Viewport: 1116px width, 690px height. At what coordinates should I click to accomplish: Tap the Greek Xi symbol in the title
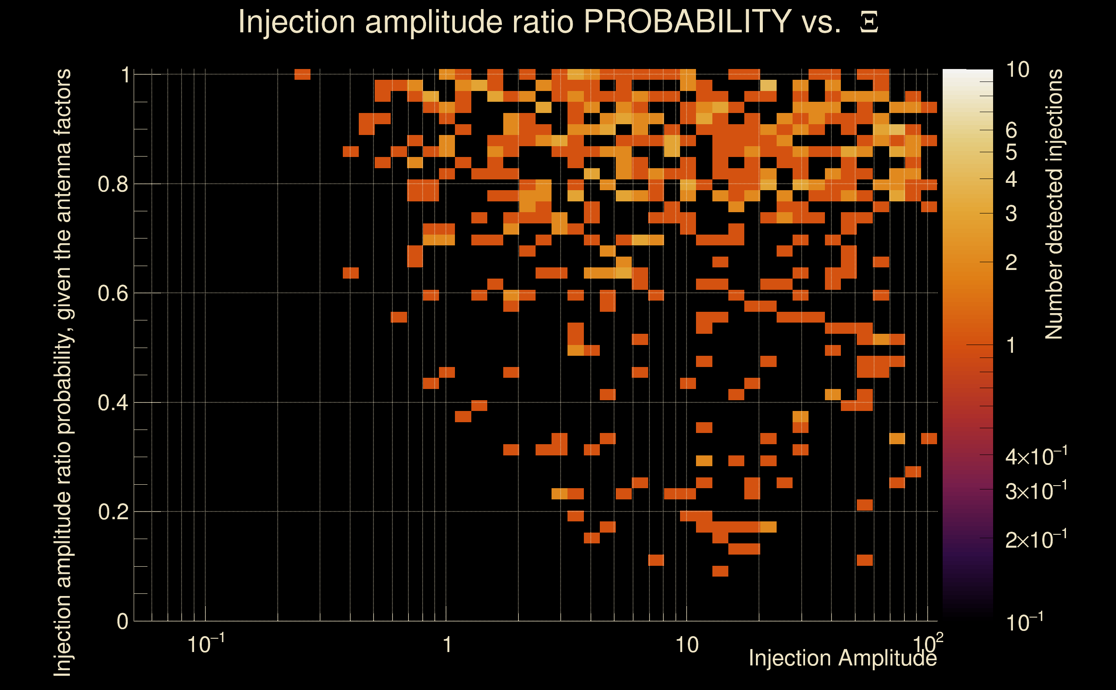pos(869,22)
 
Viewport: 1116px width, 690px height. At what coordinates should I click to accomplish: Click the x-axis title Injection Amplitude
pos(843,658)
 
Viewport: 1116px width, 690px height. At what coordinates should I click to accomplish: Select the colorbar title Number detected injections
pos(1054,204)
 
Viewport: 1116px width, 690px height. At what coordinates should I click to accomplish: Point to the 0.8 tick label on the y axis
pos(113,185)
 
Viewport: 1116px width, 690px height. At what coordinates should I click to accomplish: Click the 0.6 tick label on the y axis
pos(113,293)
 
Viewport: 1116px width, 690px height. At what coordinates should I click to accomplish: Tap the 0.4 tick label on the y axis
pos(113,403)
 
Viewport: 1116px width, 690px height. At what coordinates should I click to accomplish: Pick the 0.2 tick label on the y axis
pos(113,512)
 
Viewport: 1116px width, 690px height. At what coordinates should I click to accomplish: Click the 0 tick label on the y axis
pos(122,621)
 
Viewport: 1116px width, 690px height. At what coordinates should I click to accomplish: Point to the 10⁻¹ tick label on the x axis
pos(206,643)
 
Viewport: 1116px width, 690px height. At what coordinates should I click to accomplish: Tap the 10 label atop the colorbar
pos(1017,70)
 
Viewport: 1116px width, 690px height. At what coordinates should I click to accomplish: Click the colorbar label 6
pos(1011,131)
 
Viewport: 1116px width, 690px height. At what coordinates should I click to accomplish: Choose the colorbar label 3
pos(1011,213)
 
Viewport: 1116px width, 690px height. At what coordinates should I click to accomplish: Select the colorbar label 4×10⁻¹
pos(1036,457)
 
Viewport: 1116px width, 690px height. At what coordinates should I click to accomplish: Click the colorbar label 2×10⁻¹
pos(1036,540)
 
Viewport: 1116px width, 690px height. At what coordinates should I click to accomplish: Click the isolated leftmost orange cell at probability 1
pos(302,74)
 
